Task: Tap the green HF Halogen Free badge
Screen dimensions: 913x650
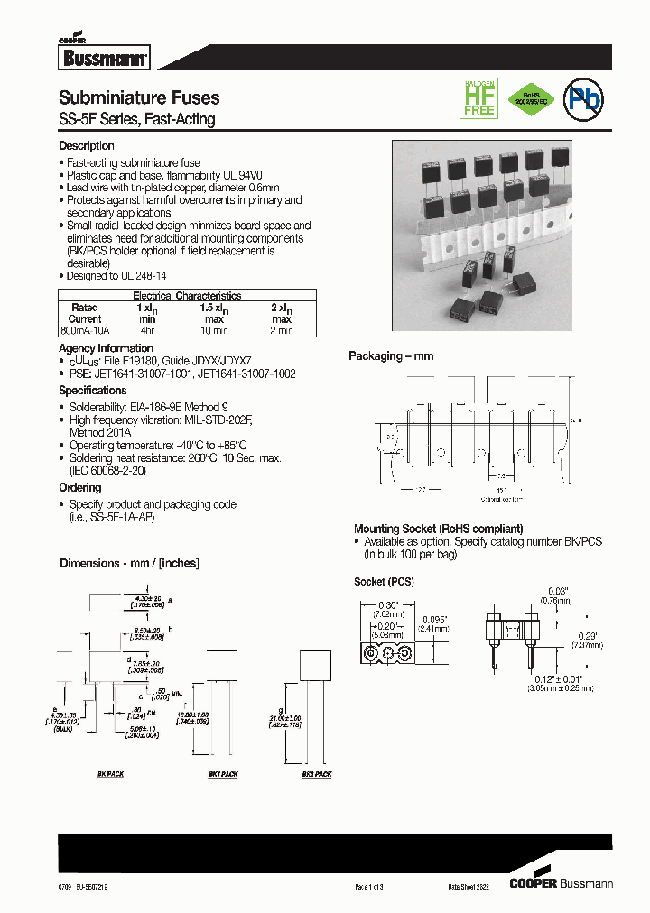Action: pyautogui.click(x=479, y=97)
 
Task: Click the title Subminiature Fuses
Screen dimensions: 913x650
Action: pyautogui.click(x=139, y=98)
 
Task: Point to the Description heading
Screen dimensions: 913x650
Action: pyautogui.click(x=87, y=146)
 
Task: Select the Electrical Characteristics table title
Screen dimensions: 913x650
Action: pyautogui.click(x=187, y=296)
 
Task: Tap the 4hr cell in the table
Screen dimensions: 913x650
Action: pyautogui.click(x=148, y=331)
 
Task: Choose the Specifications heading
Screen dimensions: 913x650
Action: pyautogui.click(x=93, y=391)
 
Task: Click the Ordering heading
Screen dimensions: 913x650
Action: pyautogui.click(x=80, y=488)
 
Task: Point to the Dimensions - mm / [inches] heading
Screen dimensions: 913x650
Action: pyautogui.click(x=129, y=563)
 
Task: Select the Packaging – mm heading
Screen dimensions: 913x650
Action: pyautogui.click(x=391, y=356)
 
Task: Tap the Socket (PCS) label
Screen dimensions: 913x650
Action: pyautogui.click(x=384, y=582)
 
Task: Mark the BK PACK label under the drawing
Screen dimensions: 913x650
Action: pyautogui.click(x=110, y=775)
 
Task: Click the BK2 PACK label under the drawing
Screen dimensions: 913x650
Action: pyautogui.click(x=317, y=775)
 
